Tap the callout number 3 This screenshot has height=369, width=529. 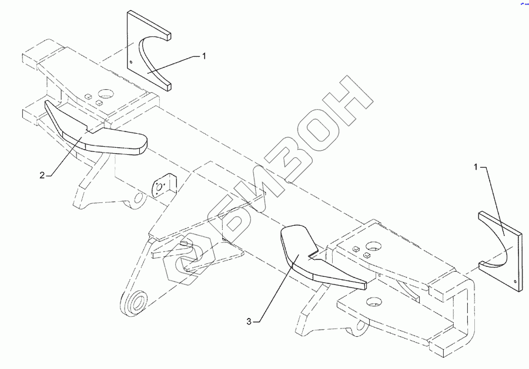[x=249, y=321]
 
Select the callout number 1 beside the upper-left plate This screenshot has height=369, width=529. [x=204, y=56]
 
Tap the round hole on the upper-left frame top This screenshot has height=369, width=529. [x=107, y=93]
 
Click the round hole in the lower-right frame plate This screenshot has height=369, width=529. [x=371, y=302]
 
